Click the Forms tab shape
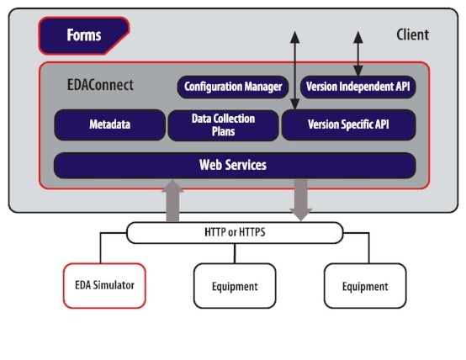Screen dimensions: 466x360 coord(84,35)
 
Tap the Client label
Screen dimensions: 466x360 coord(412,34)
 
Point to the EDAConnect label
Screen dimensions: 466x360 coord(100,85)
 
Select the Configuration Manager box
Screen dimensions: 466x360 coord(233,87)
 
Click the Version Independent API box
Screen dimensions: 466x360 coord(357,87)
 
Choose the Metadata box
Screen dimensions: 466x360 coord(109,124)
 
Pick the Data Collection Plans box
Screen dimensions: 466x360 coord(223,125)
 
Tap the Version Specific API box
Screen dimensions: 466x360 coord(348,124)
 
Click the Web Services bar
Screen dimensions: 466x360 coord(235,166)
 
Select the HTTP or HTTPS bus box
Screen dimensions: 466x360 coord(235,232)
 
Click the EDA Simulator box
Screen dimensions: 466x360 coord(104,286)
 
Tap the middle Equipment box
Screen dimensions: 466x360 coord(235,286)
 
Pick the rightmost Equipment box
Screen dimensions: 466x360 coord(365,286)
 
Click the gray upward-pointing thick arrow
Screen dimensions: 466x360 coord(172,201)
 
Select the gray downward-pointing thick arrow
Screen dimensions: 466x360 coord(301,200)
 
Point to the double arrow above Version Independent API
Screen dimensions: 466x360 coord(358,54)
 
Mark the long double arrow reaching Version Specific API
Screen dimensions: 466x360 coord(294,71)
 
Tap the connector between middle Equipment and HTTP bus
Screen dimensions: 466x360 coord(235,253)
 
